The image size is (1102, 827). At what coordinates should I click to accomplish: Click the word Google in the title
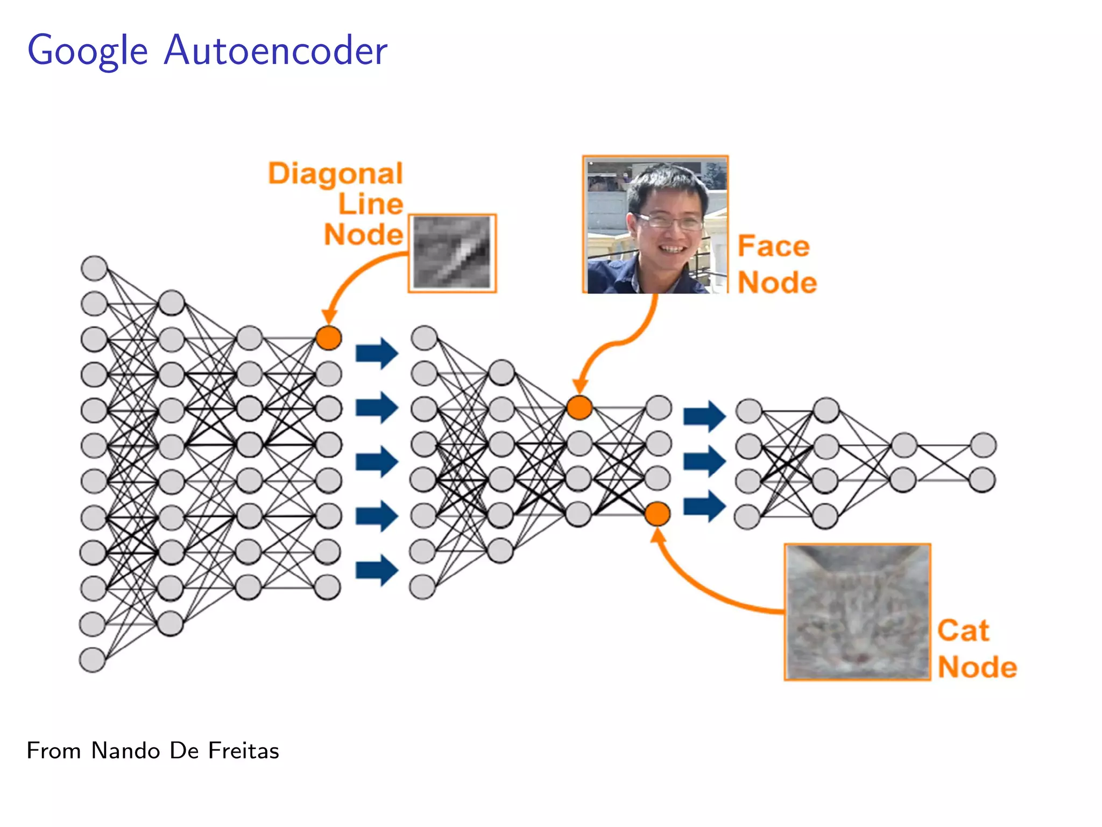(88, 51)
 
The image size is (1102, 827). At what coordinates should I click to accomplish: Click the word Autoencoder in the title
(275, 51)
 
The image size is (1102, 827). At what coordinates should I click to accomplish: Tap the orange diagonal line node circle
(328, 338)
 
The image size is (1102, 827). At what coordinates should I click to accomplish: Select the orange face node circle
(580, 408)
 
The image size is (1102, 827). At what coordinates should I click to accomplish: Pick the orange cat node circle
(657, 514)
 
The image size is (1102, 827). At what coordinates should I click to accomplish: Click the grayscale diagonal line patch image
(452, 253)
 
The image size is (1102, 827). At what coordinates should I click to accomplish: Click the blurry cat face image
(857, 612)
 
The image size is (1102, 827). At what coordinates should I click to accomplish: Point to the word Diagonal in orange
(336, 174)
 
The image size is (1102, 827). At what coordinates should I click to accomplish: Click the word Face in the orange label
(773, 246)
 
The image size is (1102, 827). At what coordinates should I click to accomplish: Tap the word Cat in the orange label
(963, 630)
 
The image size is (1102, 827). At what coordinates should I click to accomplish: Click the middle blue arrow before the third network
(704, 461)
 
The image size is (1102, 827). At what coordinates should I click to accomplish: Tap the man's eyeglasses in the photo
(669, 220)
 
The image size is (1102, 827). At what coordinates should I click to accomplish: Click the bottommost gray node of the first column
(92, 660)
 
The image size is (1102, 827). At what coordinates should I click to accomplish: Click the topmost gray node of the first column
(94, 268)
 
